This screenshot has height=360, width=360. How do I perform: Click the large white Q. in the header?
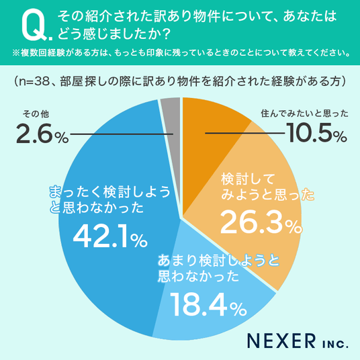click(x=37, y=25)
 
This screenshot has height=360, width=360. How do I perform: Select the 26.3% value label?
click(x=261, y=223)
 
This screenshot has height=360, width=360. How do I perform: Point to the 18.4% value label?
click(x=208, y=305)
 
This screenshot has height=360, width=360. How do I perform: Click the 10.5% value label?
click(x=316, y=133)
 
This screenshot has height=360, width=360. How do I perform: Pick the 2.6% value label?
click(x=42, y=133)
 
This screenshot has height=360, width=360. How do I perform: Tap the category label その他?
click(x=36, y=114)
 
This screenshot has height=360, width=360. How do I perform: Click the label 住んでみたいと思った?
click(x=304, y=114)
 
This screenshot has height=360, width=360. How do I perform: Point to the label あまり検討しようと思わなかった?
click(x=218, y=268)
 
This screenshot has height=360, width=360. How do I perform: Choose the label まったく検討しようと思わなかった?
click(x=110, y=199)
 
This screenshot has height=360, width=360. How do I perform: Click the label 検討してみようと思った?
click(x=268, y=187)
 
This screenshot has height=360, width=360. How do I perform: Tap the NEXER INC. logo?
click(x=298, y=341)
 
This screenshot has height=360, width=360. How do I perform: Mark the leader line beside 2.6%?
click(x=122, y=134)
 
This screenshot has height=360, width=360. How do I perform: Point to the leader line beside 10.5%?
click(x=244, y=133)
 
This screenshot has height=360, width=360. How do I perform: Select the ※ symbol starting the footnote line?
click(x=16, y=53)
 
